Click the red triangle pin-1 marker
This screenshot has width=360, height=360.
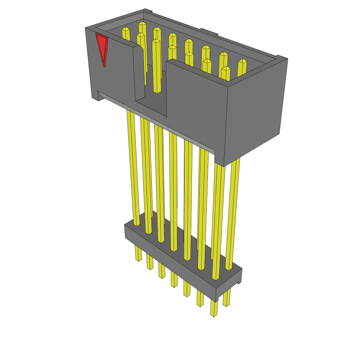coord(102,47)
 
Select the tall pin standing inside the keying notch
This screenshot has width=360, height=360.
coord(156,67)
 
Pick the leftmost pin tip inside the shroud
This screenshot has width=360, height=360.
coord(126,29)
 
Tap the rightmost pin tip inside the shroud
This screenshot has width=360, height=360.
coord(242,61)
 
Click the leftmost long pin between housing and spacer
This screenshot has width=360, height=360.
coord(133,169)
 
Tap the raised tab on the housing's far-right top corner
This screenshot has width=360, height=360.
coord(282,57)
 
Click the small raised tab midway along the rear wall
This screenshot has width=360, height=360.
coord(209,32)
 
